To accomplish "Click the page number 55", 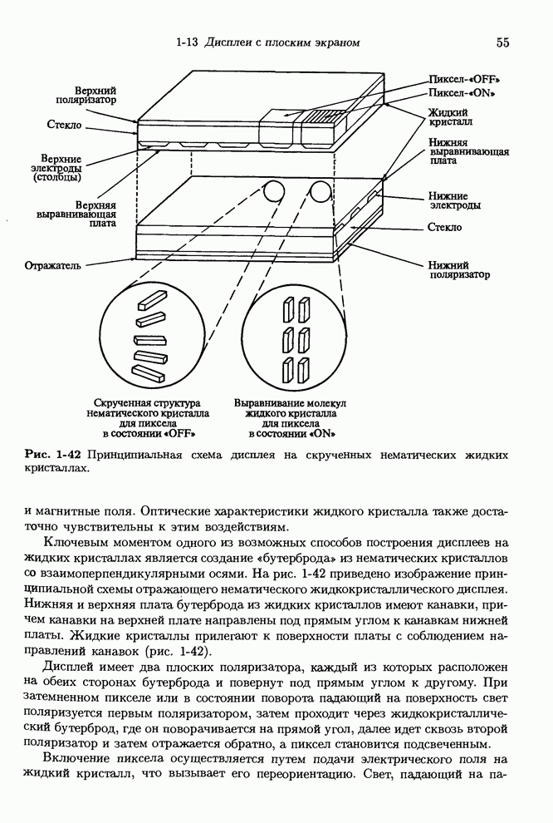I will pyautogui.click(x=502, y=42).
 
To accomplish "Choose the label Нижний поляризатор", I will pyautogui.click(x=458, y=269).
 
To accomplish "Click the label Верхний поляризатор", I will pyautogui.click(x=92, y=93).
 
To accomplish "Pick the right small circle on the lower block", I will pyautogui.click(x=318, y=194).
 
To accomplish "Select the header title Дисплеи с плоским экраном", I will pyautogui.click(x=281, y=42).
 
